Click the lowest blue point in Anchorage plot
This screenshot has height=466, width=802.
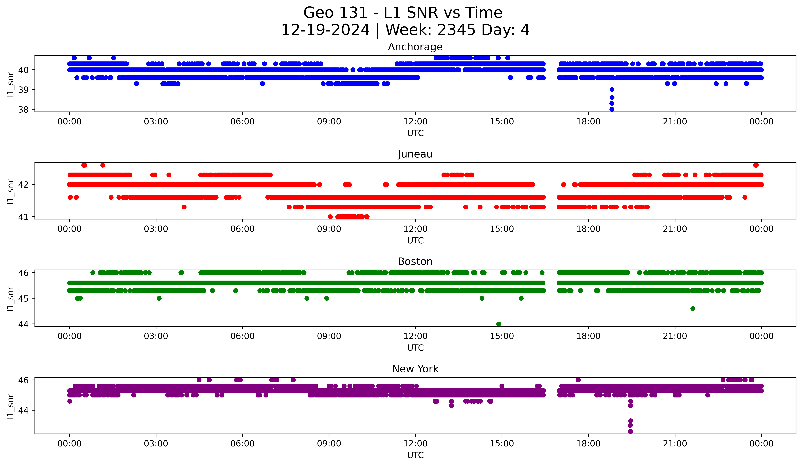tap(612, 109)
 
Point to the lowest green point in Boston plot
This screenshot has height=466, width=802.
tap(499, 324)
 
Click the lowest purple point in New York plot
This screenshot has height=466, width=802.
tap(630, 431)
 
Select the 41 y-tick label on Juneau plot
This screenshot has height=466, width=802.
tap(23, 217)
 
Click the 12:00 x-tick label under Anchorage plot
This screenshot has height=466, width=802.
tap(415, 122)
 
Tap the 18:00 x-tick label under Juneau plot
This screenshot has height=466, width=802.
tap(588, 229)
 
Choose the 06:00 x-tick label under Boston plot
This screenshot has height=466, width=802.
tap(242, 336)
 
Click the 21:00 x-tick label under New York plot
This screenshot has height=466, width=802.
tap(675, 444)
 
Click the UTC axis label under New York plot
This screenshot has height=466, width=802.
tap(415, 455)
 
